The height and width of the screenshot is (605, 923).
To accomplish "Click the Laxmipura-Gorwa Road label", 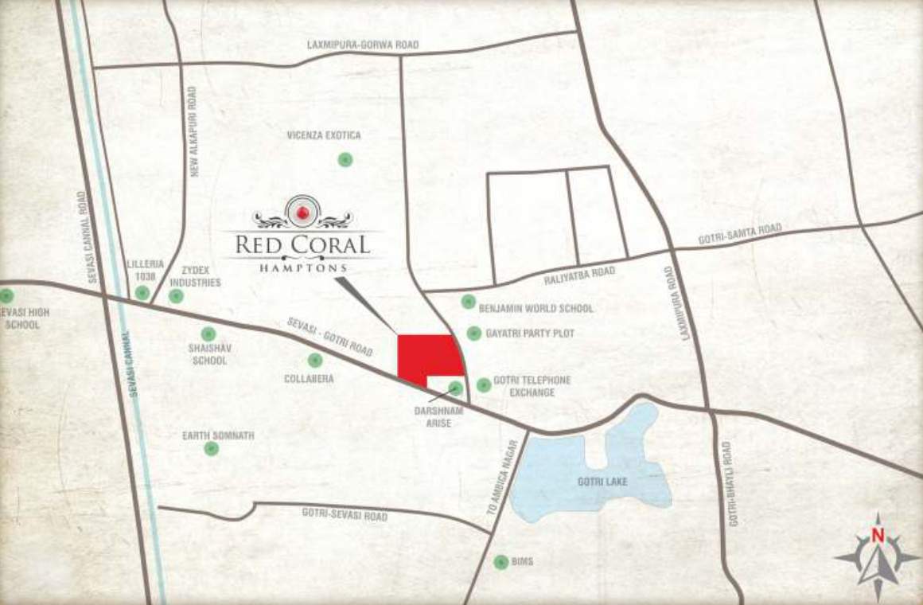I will tap(362, 45).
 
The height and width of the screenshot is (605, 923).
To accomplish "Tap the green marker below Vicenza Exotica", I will tap(345, 160).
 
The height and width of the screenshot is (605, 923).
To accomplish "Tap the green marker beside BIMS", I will tap(500, 562).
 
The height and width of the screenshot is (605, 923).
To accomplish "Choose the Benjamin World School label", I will tap(535, 308).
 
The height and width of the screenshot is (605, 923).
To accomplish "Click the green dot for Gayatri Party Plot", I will tap(473, 334).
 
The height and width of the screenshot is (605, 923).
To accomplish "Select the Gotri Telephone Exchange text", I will tap(532, 386).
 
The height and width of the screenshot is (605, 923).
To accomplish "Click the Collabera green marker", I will tap(315, 360).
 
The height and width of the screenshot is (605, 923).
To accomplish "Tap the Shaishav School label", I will tap(208, 354).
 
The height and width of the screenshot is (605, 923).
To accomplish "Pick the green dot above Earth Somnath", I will tap(211, 448).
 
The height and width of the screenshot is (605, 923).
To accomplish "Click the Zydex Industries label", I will tap(201, 276).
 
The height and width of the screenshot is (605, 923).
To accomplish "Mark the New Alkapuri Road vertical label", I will tap(193, 131).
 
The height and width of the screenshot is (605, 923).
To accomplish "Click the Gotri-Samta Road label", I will tap(740, 234).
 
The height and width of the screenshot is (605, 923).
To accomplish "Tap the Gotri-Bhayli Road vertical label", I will tap(732, 484).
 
